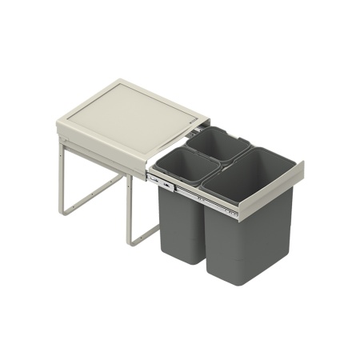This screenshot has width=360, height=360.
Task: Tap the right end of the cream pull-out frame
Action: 297,172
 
